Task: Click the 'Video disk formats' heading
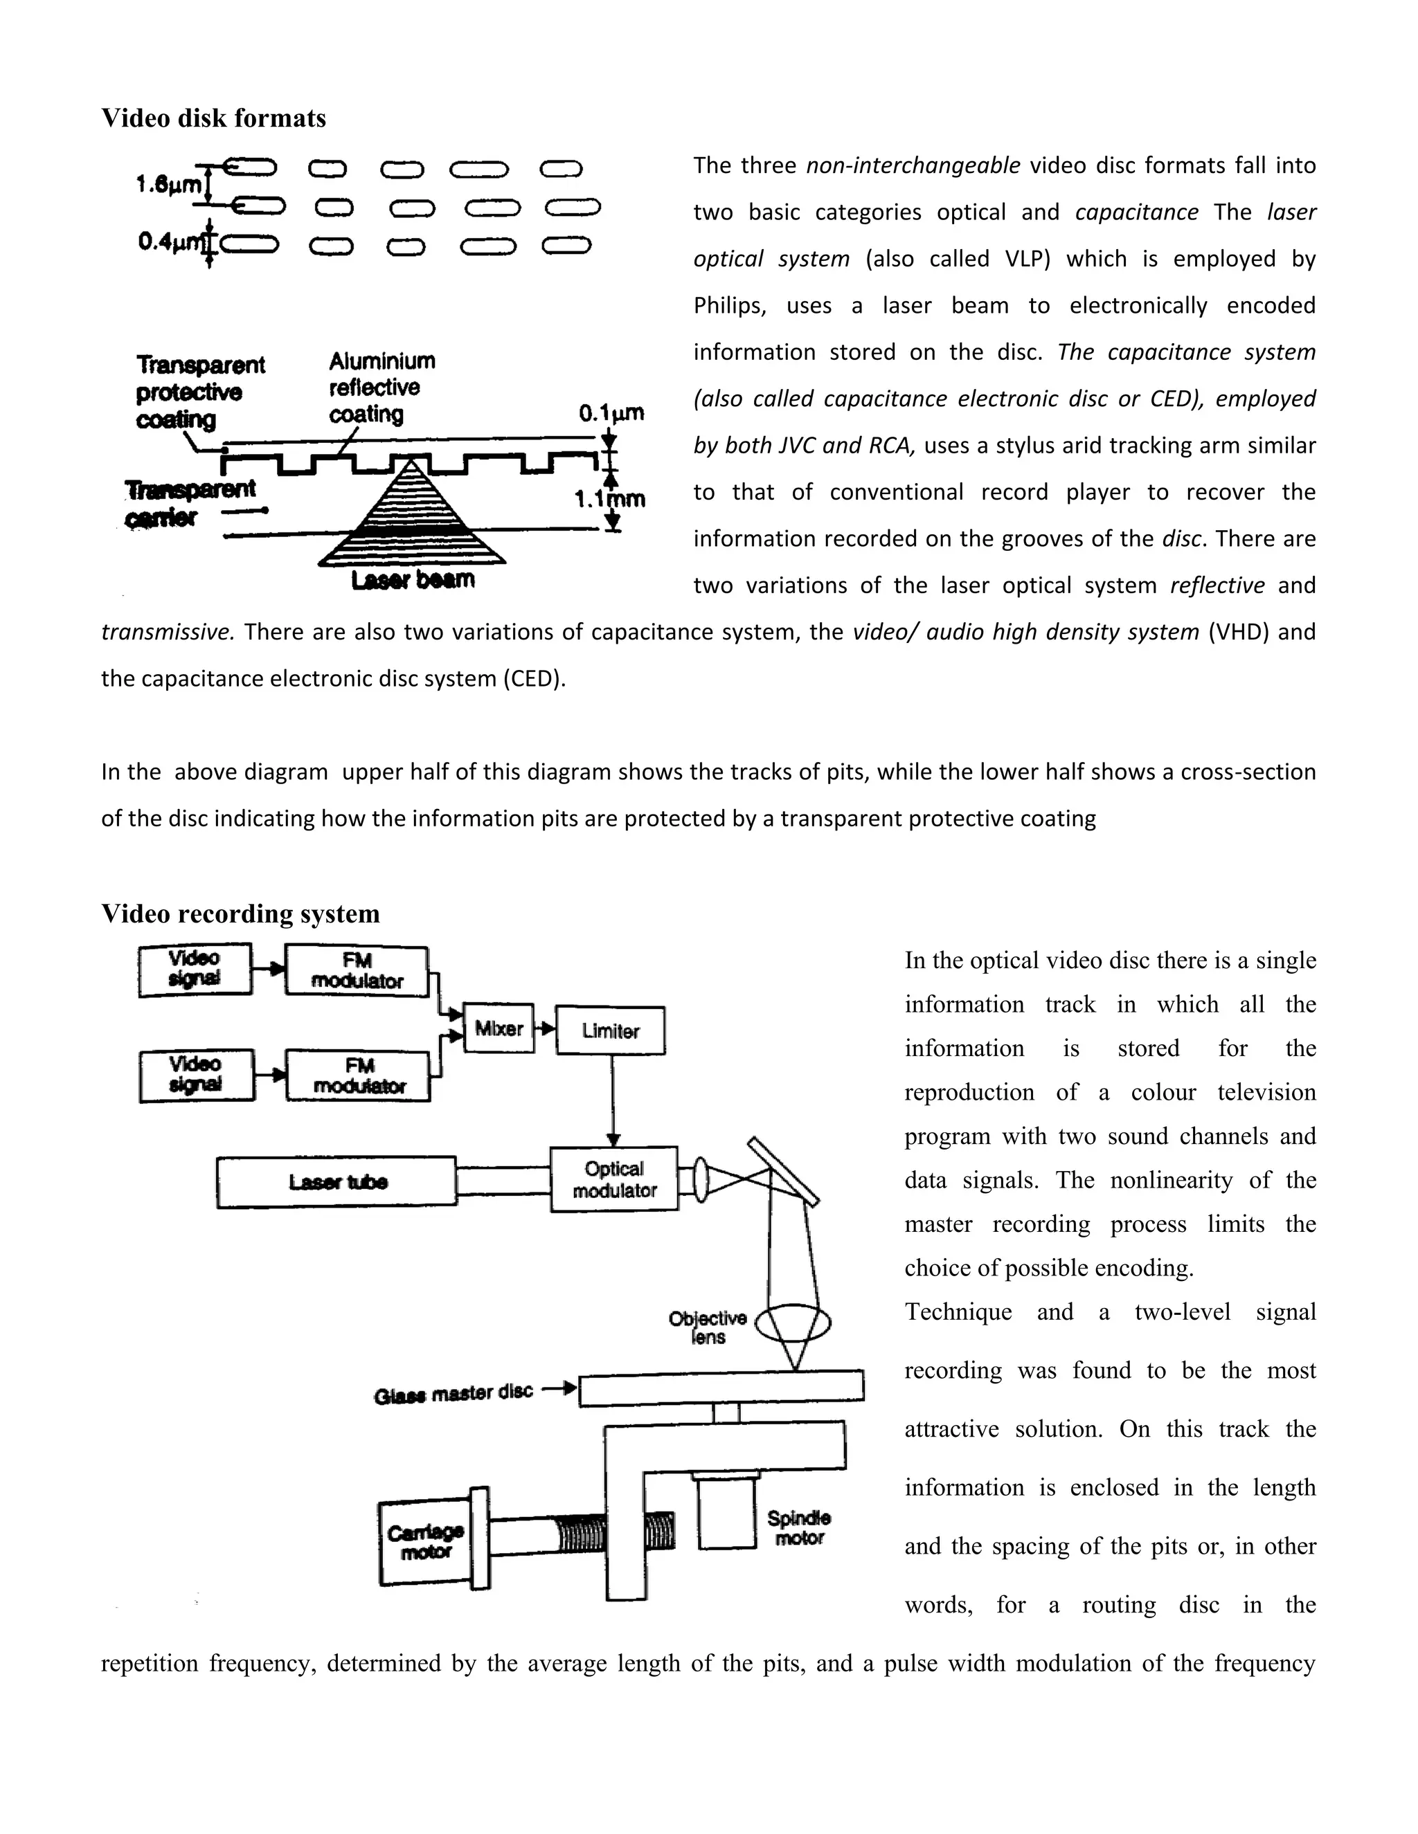(x=213, y=118)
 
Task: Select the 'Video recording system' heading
(x=240, y=913)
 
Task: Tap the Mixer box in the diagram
(x=499, y=1028)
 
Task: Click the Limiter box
(x=611, y=1031)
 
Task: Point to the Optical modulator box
(x=614, y=1179)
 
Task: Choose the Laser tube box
(x=337, y=1182)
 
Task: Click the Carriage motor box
(x=425, y=1542)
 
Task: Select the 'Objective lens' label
(x=708, y=1327)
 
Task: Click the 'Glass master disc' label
(x=454, y=1393)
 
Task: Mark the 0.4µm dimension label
(x=170, y=243)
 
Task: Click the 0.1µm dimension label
(x=611, y=413)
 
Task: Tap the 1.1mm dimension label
(x=610, y=499)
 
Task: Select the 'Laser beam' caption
(x=413, y=579)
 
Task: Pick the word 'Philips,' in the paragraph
(x=730, y=306)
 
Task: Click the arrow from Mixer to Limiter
(x=545, y=1028)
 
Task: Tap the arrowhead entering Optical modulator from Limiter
(x=613, y=1140)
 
